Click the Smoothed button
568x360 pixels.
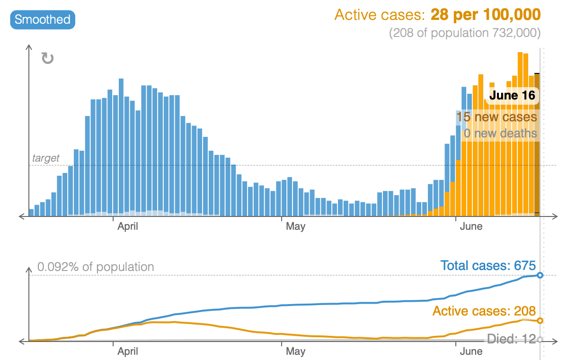[43, 19]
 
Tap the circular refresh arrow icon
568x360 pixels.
[48, 58]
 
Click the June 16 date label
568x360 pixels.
[512, 95]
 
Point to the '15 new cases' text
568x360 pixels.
[497, 117]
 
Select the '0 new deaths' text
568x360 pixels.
[500, 133]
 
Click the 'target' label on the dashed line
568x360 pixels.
[46, 158]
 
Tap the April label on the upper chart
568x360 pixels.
[128, 226]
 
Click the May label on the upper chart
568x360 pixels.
[295, 226]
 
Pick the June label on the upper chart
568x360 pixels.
[471, 226]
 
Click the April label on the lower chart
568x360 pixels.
[128, 351]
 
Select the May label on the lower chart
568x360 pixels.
[295, 351]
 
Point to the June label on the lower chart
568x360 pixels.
[471, 351]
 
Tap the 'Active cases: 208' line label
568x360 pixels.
[484, 311]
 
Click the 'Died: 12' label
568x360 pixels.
[511, 339]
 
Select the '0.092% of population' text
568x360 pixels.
[96, 267]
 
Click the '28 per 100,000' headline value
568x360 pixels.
[485, 15]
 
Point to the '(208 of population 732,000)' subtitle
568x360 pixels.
[464, 33]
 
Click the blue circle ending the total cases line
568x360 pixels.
[540, 275]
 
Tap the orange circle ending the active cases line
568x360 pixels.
[540, 321]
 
